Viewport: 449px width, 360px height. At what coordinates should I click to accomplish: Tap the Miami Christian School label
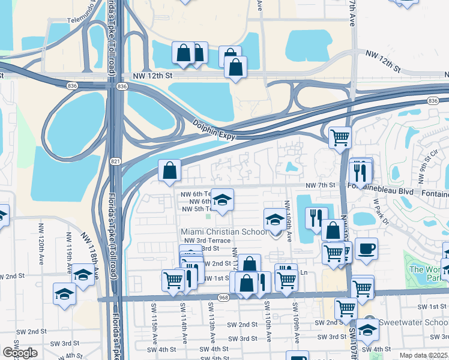click(x=224, y=232)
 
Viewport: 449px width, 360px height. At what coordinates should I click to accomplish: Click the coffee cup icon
click(x=366, y=248)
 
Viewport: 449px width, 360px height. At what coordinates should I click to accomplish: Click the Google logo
click(x=20, y=353)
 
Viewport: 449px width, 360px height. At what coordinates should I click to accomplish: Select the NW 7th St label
click(x=319, y=185)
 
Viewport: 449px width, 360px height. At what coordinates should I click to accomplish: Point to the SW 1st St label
click(x=432, y=307)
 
